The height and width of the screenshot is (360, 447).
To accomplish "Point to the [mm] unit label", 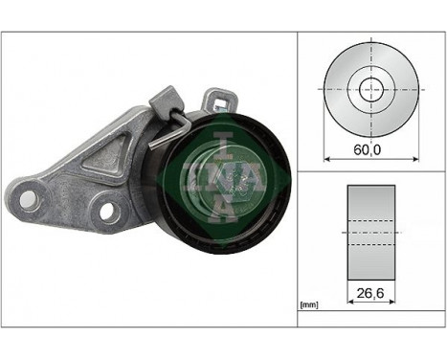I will click(308, 305).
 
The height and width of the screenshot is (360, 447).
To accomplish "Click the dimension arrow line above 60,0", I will click(368, 158).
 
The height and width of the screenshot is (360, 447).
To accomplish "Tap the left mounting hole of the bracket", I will click(28, 199).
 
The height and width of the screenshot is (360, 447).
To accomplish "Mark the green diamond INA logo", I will click(220, 173).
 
